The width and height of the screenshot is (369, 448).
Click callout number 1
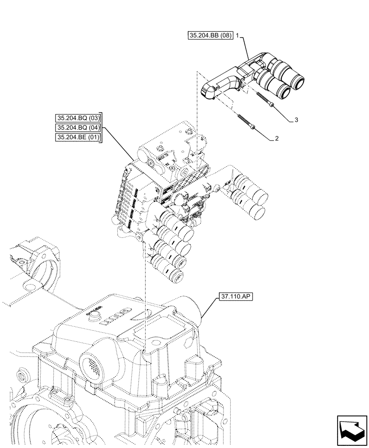pyautogui.click(x=237, y=36)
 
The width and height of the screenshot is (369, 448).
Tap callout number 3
pyautogui.click(x=296, y=120)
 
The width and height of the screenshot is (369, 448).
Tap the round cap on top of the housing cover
pyautogui.click(x=94, y=316)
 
